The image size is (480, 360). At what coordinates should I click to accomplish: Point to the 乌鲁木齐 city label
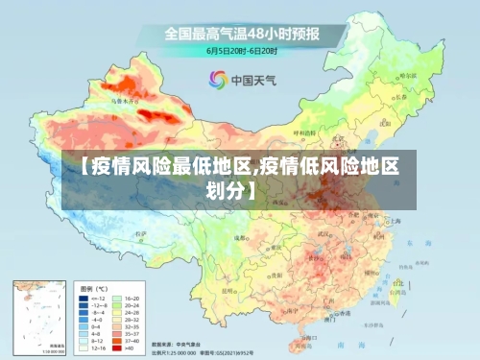[125, 99]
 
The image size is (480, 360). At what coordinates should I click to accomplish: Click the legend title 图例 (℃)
[93, 287]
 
